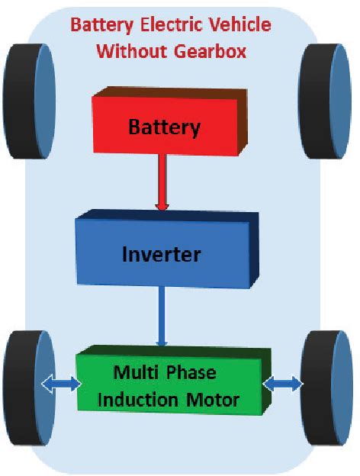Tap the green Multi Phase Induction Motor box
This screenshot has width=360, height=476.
tap(175, 386)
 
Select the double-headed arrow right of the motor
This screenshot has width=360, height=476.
tap(281, 385)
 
